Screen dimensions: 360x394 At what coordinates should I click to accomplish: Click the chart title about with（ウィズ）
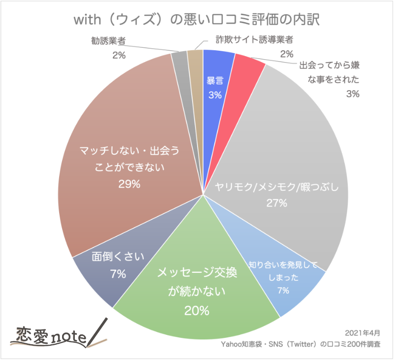point(197,20)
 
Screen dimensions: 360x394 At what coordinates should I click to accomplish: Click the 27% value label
point(277,202)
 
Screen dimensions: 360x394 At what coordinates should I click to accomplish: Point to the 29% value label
point(130,184)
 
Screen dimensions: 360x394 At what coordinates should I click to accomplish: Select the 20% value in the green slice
point(197,311)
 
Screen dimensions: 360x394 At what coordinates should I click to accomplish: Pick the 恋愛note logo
point(49,337)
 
